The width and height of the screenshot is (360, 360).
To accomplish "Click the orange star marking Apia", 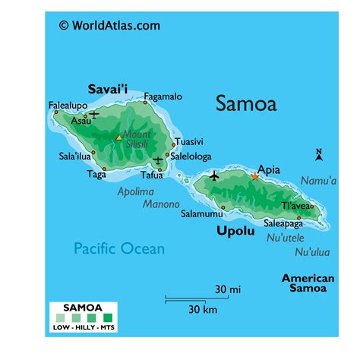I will coord(255,177).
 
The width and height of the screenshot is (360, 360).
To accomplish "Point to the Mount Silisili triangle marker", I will coord(118,137).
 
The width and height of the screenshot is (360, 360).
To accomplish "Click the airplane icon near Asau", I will coord(93,114).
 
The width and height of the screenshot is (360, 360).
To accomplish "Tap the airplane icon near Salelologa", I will coord(158,160).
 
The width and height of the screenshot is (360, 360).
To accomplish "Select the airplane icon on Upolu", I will coord(213,176).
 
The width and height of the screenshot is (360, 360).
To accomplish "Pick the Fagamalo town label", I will coord(163,96).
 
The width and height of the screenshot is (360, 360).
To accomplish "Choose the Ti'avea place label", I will coord(296,206).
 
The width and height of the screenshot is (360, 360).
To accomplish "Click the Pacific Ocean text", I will coord(118,248).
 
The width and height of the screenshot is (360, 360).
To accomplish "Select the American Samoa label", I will coord(308,283).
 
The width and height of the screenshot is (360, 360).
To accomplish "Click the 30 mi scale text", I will coord(227,289).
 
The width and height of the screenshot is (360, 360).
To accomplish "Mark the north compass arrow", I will coord(319,156).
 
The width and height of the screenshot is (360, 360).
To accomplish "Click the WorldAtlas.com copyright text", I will coord(109,25).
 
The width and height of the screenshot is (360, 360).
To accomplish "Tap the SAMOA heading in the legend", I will coord(83,308).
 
